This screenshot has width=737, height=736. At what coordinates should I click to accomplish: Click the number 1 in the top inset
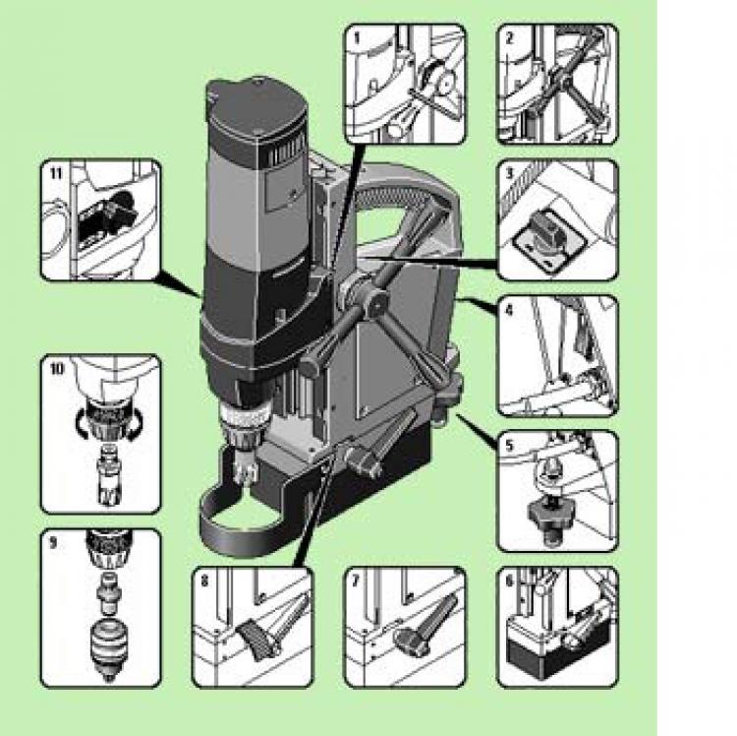(x=357, y=37)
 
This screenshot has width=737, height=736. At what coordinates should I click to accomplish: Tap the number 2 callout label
(x=509, y=37)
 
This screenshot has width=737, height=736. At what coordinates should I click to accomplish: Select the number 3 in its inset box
(x=509, y=173)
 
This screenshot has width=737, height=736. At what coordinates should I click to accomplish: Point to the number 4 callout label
(x=510, y=309)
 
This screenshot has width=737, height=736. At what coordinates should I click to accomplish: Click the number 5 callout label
(x=510, y=445)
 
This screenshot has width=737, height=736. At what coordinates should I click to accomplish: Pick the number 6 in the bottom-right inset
(x=510, y=582)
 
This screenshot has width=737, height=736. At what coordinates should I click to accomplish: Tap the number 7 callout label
(x=357, y=582)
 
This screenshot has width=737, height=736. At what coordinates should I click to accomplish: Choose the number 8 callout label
(x=204, y=582)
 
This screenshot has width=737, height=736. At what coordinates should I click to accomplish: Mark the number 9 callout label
(x=53, y=542)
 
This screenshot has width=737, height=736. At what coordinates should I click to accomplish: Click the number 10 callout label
(x=56, y=368)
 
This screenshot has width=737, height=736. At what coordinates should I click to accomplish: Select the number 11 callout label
(x=55, y=173)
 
